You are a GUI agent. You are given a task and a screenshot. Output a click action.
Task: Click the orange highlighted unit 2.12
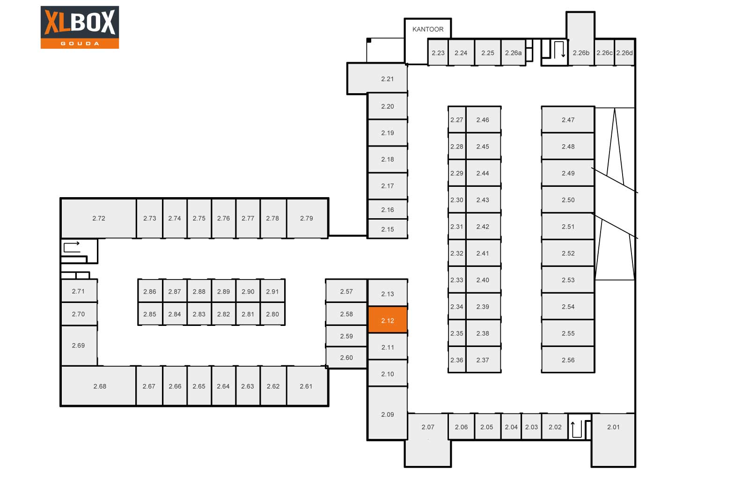click(x=388, y=319)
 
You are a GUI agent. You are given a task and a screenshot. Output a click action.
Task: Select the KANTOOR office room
click(x=428, y=41)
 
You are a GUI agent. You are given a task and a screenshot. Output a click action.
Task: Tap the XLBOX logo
click(x=80, y=27)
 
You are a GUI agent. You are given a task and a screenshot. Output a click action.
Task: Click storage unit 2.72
click(x=99, y=218)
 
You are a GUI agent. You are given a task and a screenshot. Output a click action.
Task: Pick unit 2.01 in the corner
click(x=613, y=440)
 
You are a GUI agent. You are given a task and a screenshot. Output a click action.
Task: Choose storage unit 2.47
click(x=568, y=119)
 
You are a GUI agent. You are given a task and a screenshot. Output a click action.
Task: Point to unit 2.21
click(x=377, y=78)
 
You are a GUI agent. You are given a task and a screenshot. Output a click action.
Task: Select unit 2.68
click(x=99, y=386)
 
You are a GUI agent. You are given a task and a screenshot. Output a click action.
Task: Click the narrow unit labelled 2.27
click(x=457, y=119)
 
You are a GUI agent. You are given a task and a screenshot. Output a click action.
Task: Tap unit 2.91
click(x=272, y=291)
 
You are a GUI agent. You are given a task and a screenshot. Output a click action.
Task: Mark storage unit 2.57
click(x=346, y=291)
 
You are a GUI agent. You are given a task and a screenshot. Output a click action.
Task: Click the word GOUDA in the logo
click(x=80, y=44)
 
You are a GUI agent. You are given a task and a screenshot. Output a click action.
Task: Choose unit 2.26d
click(x=624, y=52)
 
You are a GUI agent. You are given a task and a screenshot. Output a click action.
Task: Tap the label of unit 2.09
click(x=388, y=414)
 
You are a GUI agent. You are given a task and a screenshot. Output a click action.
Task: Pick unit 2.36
click(x=457, y=360)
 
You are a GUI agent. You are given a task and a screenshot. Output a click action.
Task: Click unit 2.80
click(x=272, y=314)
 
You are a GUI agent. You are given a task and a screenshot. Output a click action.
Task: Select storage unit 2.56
click(x=568, y=360)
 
